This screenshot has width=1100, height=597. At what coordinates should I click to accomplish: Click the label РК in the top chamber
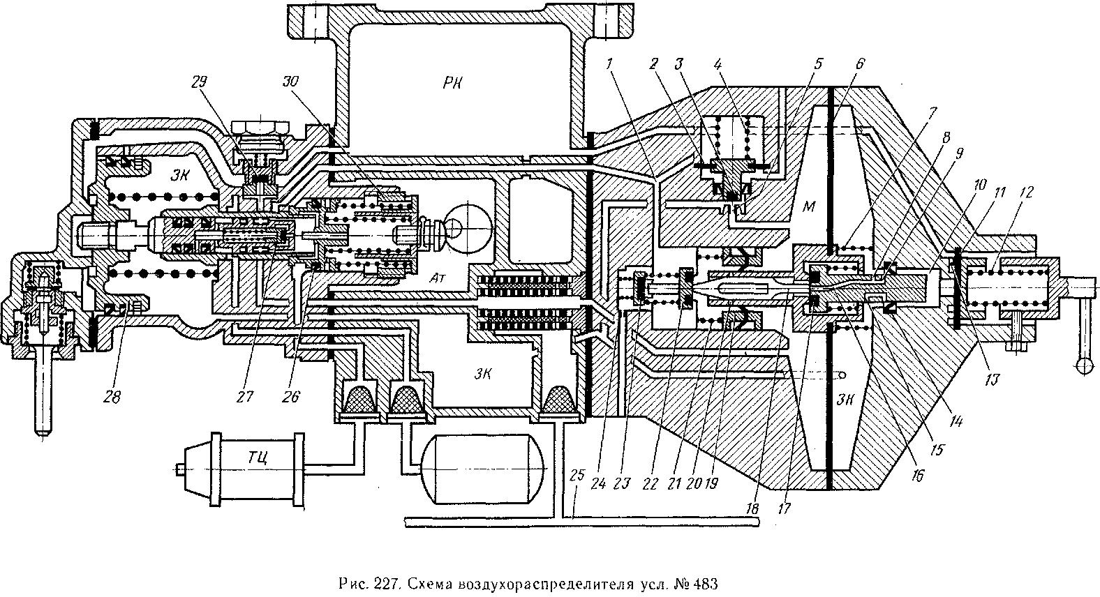click(452, 83)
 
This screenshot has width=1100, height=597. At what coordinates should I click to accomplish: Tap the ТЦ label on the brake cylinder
click(258, 458)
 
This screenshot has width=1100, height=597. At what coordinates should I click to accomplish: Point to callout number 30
click(290, 82)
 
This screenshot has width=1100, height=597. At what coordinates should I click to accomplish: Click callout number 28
click(112, 396)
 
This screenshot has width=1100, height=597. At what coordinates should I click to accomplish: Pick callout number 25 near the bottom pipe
click(577, 475)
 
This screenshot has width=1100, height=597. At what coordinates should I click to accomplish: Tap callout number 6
click(859, 63)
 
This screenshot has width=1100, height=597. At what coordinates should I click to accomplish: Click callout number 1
click(610, 63)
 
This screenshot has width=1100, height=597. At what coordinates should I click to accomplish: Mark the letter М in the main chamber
click(808, 206)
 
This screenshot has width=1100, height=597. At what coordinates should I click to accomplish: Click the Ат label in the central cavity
click(436, 278)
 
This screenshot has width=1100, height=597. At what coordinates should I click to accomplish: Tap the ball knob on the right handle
click(1086, 365)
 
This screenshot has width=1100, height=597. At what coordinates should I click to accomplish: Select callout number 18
click(752, 508)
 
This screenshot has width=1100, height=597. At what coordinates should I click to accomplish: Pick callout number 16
click(917, 475)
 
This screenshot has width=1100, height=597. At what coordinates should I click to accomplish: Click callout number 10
click(980, 186)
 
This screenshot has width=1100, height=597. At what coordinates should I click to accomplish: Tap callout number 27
click(245, 396)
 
